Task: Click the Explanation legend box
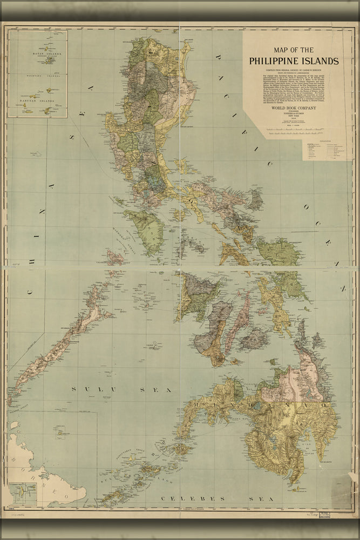pyautogui.click(x=325, y=151)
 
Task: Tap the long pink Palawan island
pyautogui.click(x=59, y=346)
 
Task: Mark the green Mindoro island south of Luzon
pyautogui.click(x=145, y=230)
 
